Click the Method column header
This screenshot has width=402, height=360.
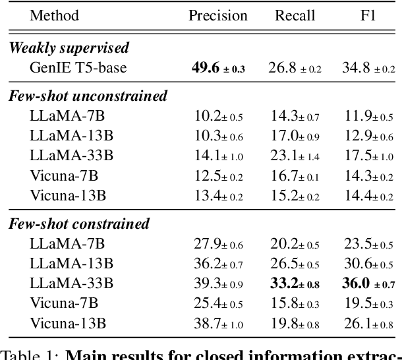click(x=55, y=15)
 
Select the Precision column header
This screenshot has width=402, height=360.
click(x=218, y=15)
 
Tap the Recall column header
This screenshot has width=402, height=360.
click(x=295, y=15)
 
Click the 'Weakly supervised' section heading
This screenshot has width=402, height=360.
click(x=69, y=48)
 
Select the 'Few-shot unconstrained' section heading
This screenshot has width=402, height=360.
click(x=88, y=96)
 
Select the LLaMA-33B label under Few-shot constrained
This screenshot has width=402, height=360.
click(x=71, y=284)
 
